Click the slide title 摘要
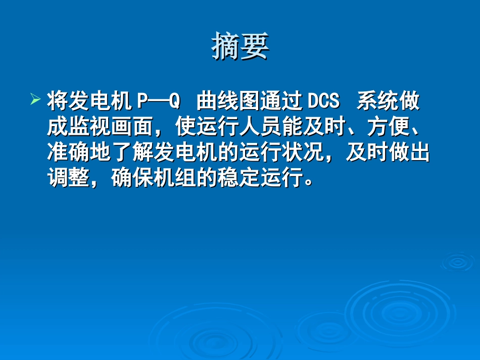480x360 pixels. pyautogui.click(x=240, y=46)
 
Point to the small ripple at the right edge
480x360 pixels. pyautogui.click(x=457, y=262)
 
